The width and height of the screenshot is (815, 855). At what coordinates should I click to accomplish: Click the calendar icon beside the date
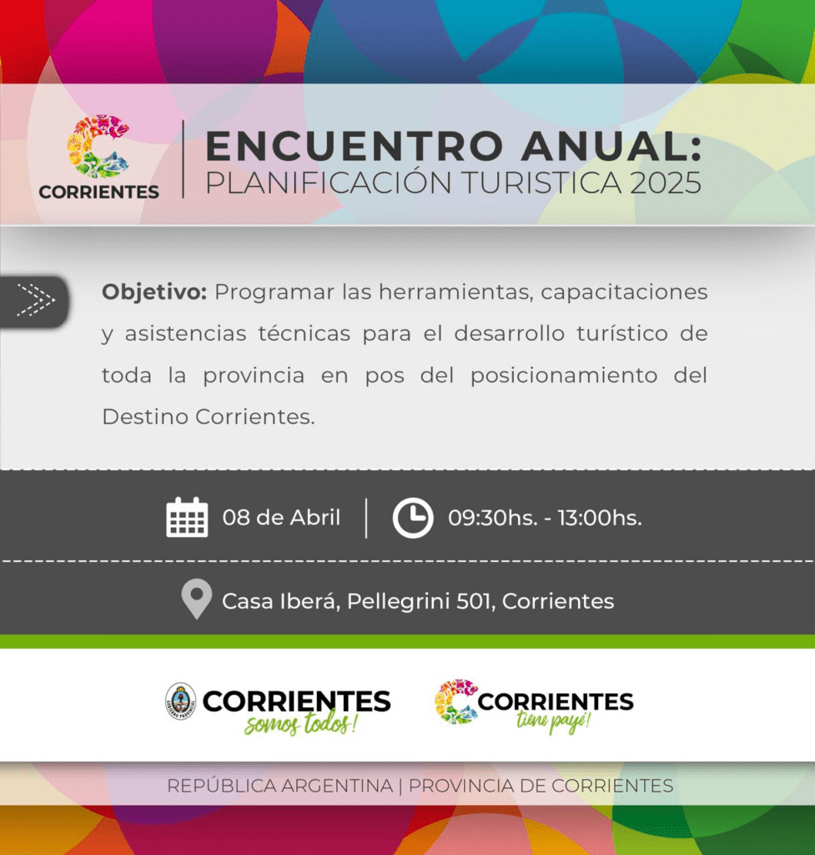pos(187,518)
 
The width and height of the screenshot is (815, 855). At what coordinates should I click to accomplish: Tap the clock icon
pos(413,518)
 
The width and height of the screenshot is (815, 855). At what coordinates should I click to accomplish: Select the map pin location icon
pos(197,599)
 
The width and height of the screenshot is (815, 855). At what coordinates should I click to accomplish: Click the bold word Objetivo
pos(154,292)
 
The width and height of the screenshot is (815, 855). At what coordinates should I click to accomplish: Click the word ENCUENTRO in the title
pos(354,146)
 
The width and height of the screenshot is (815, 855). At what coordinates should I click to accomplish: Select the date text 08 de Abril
pos(281,518)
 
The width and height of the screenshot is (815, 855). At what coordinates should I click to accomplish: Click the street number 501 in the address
pos(475,601)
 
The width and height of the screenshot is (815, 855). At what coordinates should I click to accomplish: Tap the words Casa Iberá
pos(281,601)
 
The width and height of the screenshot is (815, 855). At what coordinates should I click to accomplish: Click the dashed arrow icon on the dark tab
pos(36,300)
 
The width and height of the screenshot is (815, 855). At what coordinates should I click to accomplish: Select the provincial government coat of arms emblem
pos(181,701)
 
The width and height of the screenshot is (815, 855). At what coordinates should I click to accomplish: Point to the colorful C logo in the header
pos(98,146)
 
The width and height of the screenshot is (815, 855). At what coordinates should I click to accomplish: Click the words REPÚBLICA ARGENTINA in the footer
pos(280,786)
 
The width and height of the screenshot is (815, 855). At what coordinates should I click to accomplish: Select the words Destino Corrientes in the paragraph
pos(208,417)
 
